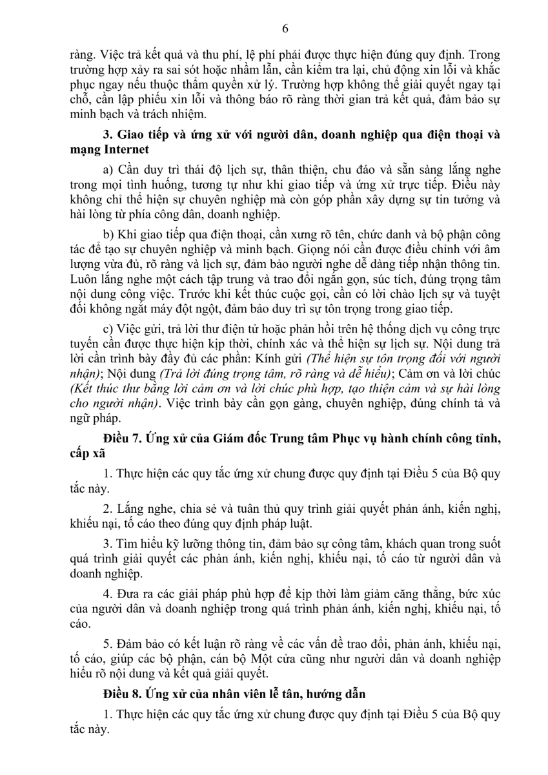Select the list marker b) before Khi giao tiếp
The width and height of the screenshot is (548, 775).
coord(108,232)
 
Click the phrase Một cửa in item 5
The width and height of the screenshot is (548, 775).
coord(298,659)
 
